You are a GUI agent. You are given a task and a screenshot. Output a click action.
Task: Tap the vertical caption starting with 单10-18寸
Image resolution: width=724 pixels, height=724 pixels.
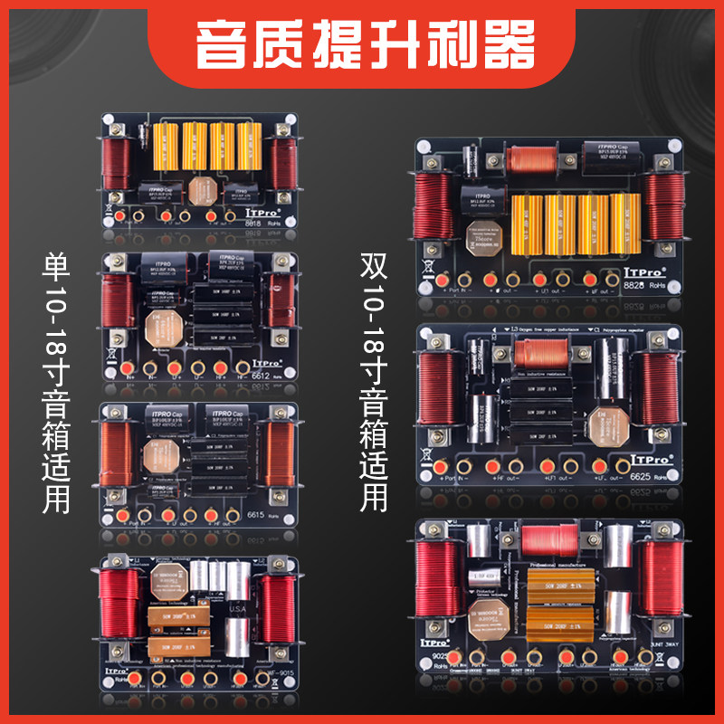[56, 380]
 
